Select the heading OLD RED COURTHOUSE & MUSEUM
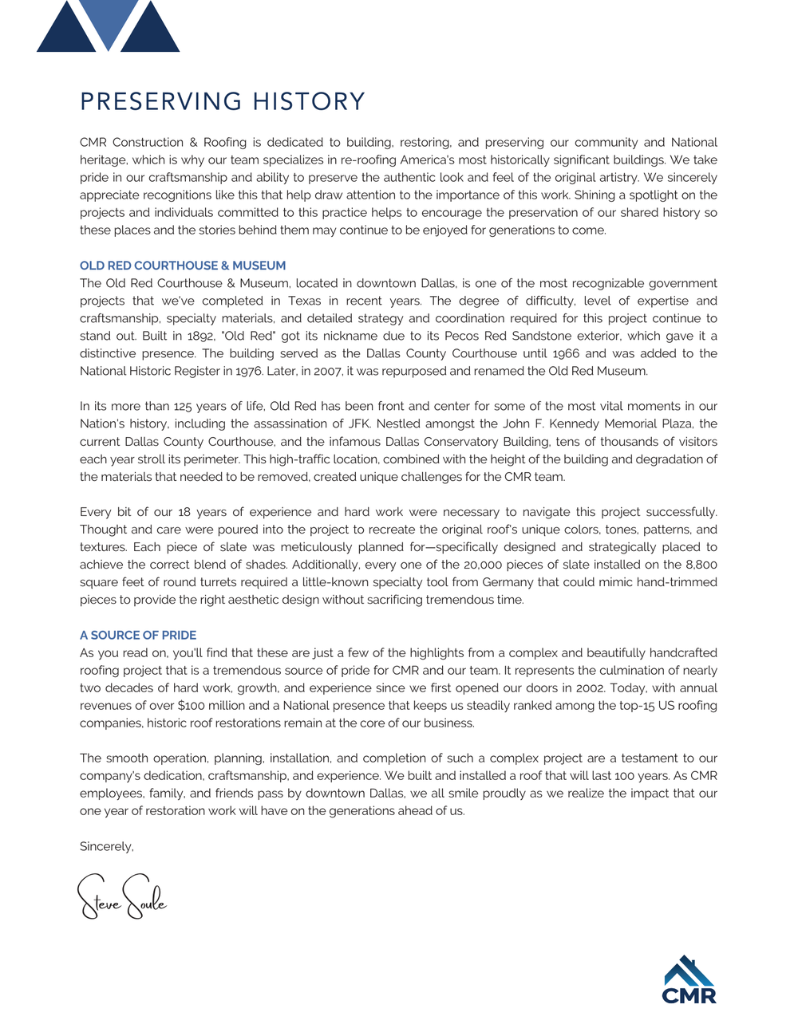tap(183, 266)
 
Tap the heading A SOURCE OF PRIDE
tap(138, 635)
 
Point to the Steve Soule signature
tap(122, 897)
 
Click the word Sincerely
tap(107, 846)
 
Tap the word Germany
tap(508, 582)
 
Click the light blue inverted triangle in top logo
tap(109, 21)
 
